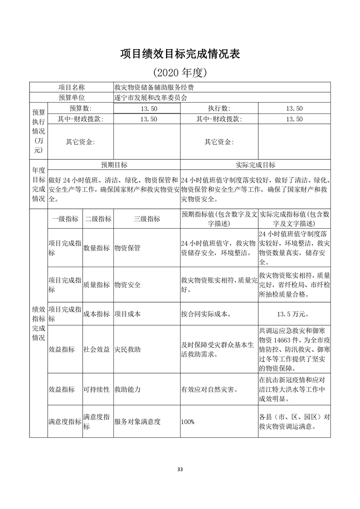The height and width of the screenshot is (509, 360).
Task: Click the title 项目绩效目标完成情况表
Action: click(x=180, y=54)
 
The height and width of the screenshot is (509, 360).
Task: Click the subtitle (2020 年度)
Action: click(x=180, y=72)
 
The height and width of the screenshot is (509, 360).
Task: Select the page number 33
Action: click(x=180, y=469)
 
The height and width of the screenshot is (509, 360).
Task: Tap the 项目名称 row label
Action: click(x=71, y=88)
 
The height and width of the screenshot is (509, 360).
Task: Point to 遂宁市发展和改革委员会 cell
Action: click(x=150, y=98)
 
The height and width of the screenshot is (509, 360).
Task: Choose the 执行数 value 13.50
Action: click(x=294, y=108)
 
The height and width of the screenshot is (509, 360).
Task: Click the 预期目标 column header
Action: click(x=113, y=165)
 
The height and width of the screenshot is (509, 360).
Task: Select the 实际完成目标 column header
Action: click(x=255, y=165)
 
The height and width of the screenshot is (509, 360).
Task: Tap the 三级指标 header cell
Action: click(x=147, y=219)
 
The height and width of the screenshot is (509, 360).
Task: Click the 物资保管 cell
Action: click(x=128, y=248)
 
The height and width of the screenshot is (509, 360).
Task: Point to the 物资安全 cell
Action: click(x=128, y=285)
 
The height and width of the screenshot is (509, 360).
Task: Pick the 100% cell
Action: click(x=187, y=422)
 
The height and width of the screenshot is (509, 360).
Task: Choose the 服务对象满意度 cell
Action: click(x=138, y=422)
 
